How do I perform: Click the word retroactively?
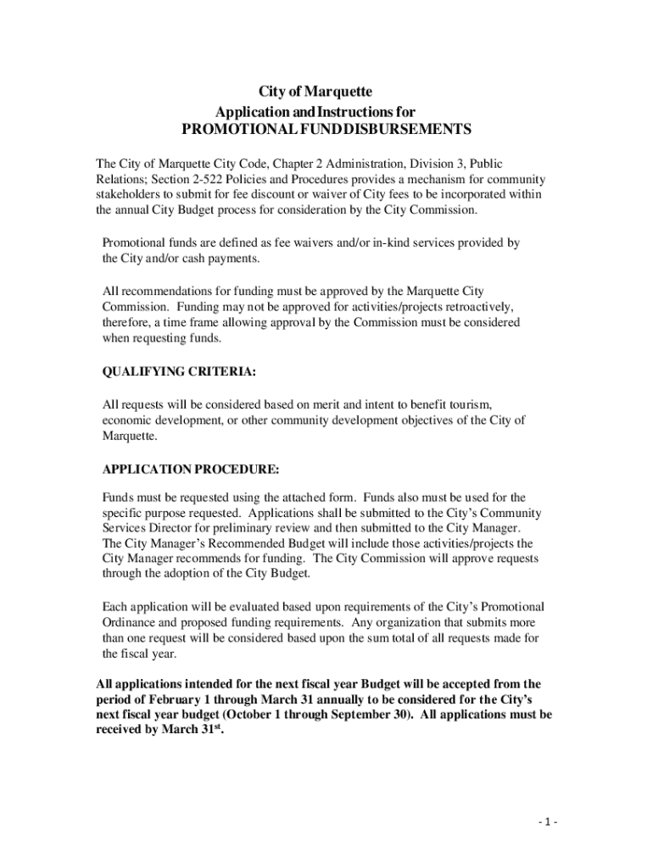pyautogui.click(x=473, y=306)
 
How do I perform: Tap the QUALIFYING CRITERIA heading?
pyautogui.click(x=179, y=371)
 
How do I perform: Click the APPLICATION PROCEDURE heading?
pyautogui.click(x=190, y=469)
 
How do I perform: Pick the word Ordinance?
pyautogui.click(x=129, y=622)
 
